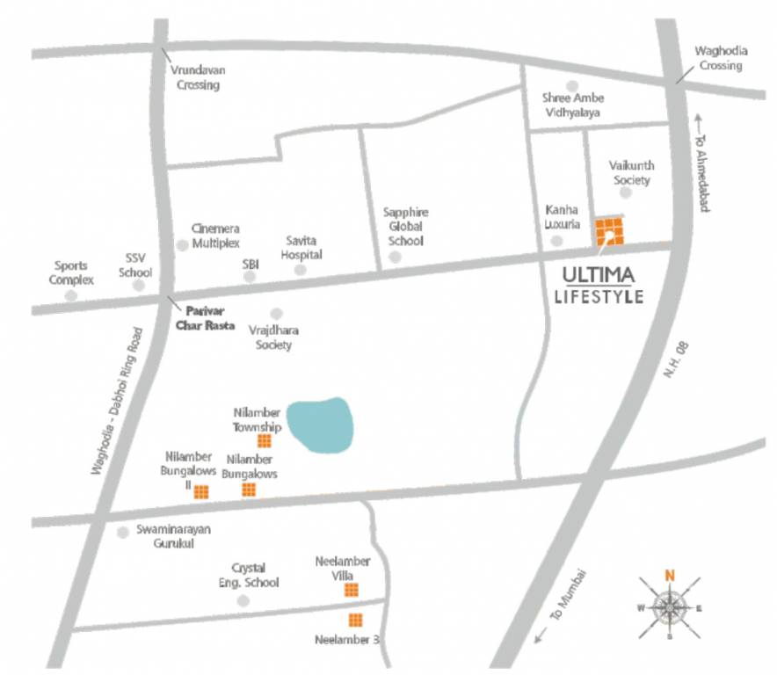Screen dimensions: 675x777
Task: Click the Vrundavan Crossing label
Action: (x=198, y=78)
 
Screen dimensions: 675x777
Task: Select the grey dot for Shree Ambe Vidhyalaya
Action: (x=572, y=85)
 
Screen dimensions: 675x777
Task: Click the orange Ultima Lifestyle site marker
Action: (x=609, y=232)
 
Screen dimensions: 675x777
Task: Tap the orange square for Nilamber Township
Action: (x=264, y=441)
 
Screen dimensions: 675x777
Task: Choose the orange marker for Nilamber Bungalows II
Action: (x=201, y=491)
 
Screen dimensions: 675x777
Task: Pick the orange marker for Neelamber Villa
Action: (x=351, y=589)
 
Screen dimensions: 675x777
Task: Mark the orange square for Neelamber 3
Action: (x=355, y=620)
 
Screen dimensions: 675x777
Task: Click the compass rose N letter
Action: (x=670, y=577)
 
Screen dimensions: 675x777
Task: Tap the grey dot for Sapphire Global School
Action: (x=395, y=257)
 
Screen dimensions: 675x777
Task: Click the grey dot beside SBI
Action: (x=250, y=276)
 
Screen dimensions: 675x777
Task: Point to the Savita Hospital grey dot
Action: (x=300, y=270)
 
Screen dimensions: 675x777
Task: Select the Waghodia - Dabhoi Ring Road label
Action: (x=115, y=402)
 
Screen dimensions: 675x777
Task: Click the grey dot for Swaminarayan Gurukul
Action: (x=123, y=532)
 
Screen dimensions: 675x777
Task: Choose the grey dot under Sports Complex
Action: (x=71, y=294)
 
